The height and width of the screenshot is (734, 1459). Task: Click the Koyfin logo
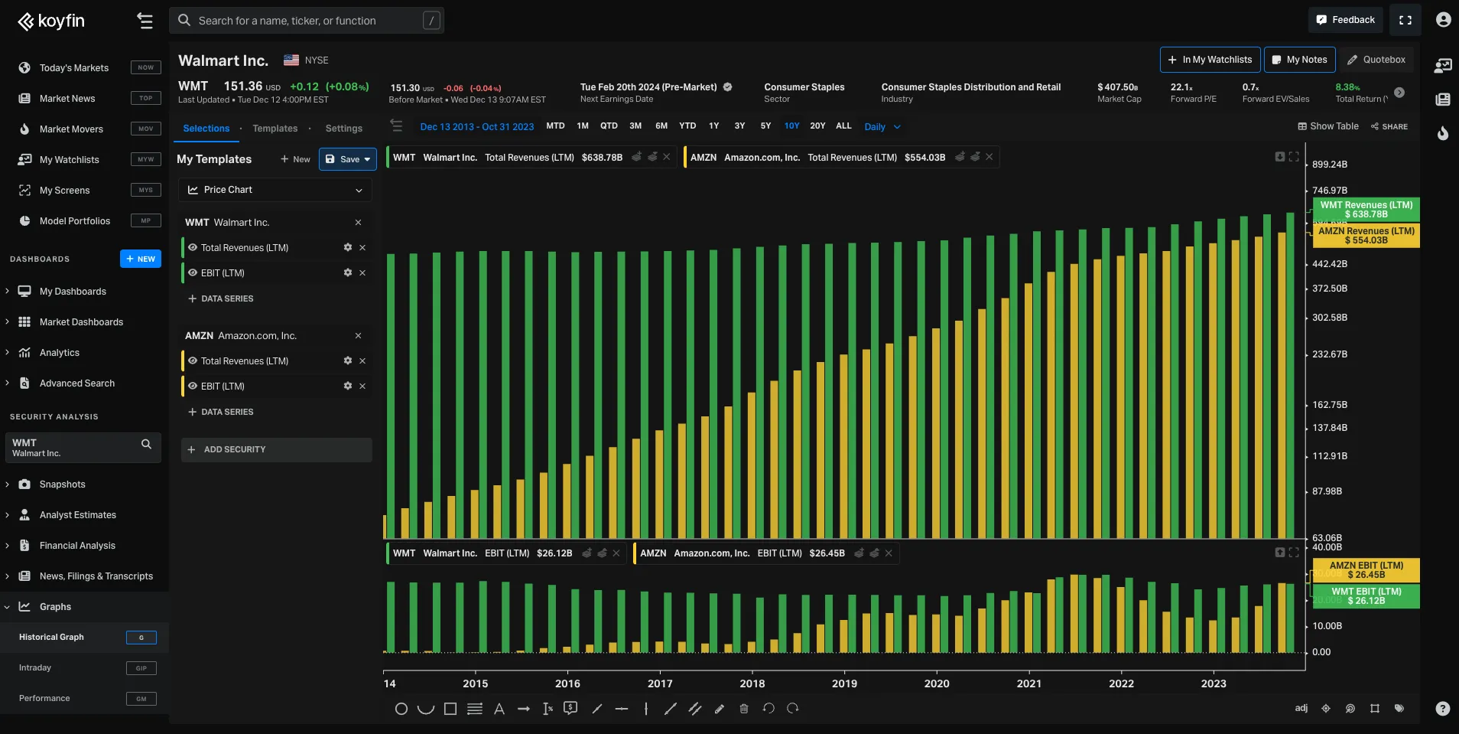[51, 21]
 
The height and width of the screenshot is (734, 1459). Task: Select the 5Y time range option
[765, 126]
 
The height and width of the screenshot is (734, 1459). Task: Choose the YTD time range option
[687, 126]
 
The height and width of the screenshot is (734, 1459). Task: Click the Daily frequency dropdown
[882, 127]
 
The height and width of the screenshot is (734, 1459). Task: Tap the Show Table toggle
[1327, 126]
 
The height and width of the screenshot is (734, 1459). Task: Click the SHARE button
[1389, 126]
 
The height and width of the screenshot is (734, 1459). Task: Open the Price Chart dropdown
[275, 190]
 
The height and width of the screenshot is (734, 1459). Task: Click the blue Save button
[347, 159]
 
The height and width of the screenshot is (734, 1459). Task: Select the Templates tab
[275, 129]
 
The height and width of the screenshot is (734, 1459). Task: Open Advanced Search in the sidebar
[76, 383]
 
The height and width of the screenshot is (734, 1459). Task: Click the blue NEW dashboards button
[141, 259]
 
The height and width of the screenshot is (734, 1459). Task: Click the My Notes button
[1299, 60]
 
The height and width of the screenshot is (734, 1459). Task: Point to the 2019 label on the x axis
[843, 683]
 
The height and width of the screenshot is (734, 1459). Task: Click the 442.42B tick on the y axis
[1329, 264]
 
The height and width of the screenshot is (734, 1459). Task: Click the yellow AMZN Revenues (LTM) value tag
[1366, 236]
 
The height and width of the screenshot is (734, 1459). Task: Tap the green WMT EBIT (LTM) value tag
[1366, 596]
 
